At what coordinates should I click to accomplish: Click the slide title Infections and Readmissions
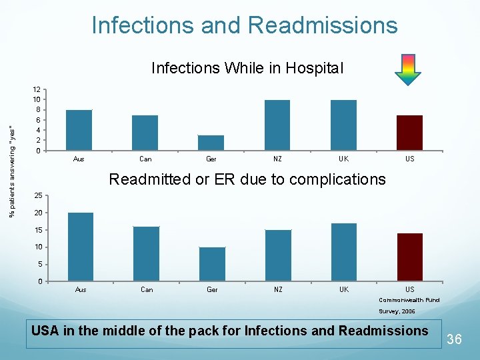point(244,25)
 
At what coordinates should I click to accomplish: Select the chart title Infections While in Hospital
point(247,68)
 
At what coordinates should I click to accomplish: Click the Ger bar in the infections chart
point(211,143)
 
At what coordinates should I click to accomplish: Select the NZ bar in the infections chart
point(277,125)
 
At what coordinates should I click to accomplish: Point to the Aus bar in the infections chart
point(79,130)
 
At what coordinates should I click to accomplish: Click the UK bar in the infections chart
point(343,125)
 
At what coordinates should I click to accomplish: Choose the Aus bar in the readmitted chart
point(81,247)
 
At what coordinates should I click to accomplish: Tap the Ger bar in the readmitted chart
point(212,264)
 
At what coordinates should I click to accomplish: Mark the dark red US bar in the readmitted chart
point(409,257)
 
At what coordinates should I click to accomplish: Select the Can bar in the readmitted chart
point(146,253)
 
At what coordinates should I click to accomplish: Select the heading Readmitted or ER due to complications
point(247,179)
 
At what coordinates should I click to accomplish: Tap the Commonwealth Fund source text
point(409,300)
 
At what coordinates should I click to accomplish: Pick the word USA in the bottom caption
point(45,331)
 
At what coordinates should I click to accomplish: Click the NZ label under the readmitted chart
point(278,289)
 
